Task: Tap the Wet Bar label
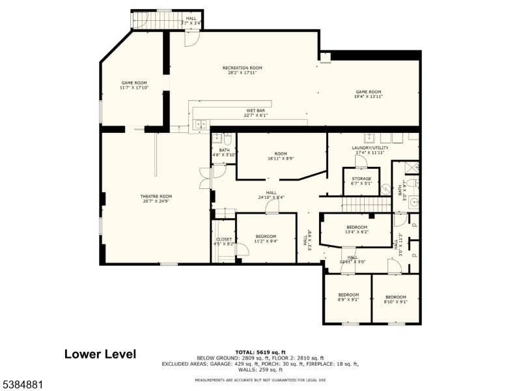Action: click(255, 113)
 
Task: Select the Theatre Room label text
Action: click(156, 198)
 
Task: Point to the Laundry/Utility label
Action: click(370, 150)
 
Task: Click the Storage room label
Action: click(361, 181)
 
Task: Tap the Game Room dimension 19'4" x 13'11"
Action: click(368, 96)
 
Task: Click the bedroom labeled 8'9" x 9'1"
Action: click(348, 299)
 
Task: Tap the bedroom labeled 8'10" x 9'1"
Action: click(395, 299)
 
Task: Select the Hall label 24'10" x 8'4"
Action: click(271, 195)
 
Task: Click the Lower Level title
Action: click(100, 355)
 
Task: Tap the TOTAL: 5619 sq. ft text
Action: click(260, 352)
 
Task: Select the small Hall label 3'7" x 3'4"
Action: click(191, 21)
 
